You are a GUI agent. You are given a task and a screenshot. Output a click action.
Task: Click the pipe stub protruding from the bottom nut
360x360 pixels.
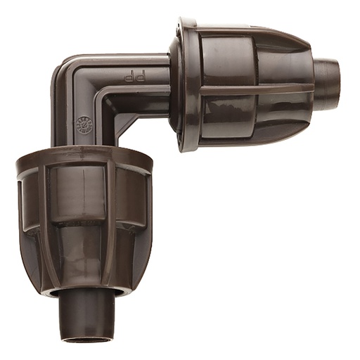pos(88,313)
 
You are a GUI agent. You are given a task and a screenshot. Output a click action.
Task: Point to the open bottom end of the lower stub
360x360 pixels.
pos(87,337)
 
